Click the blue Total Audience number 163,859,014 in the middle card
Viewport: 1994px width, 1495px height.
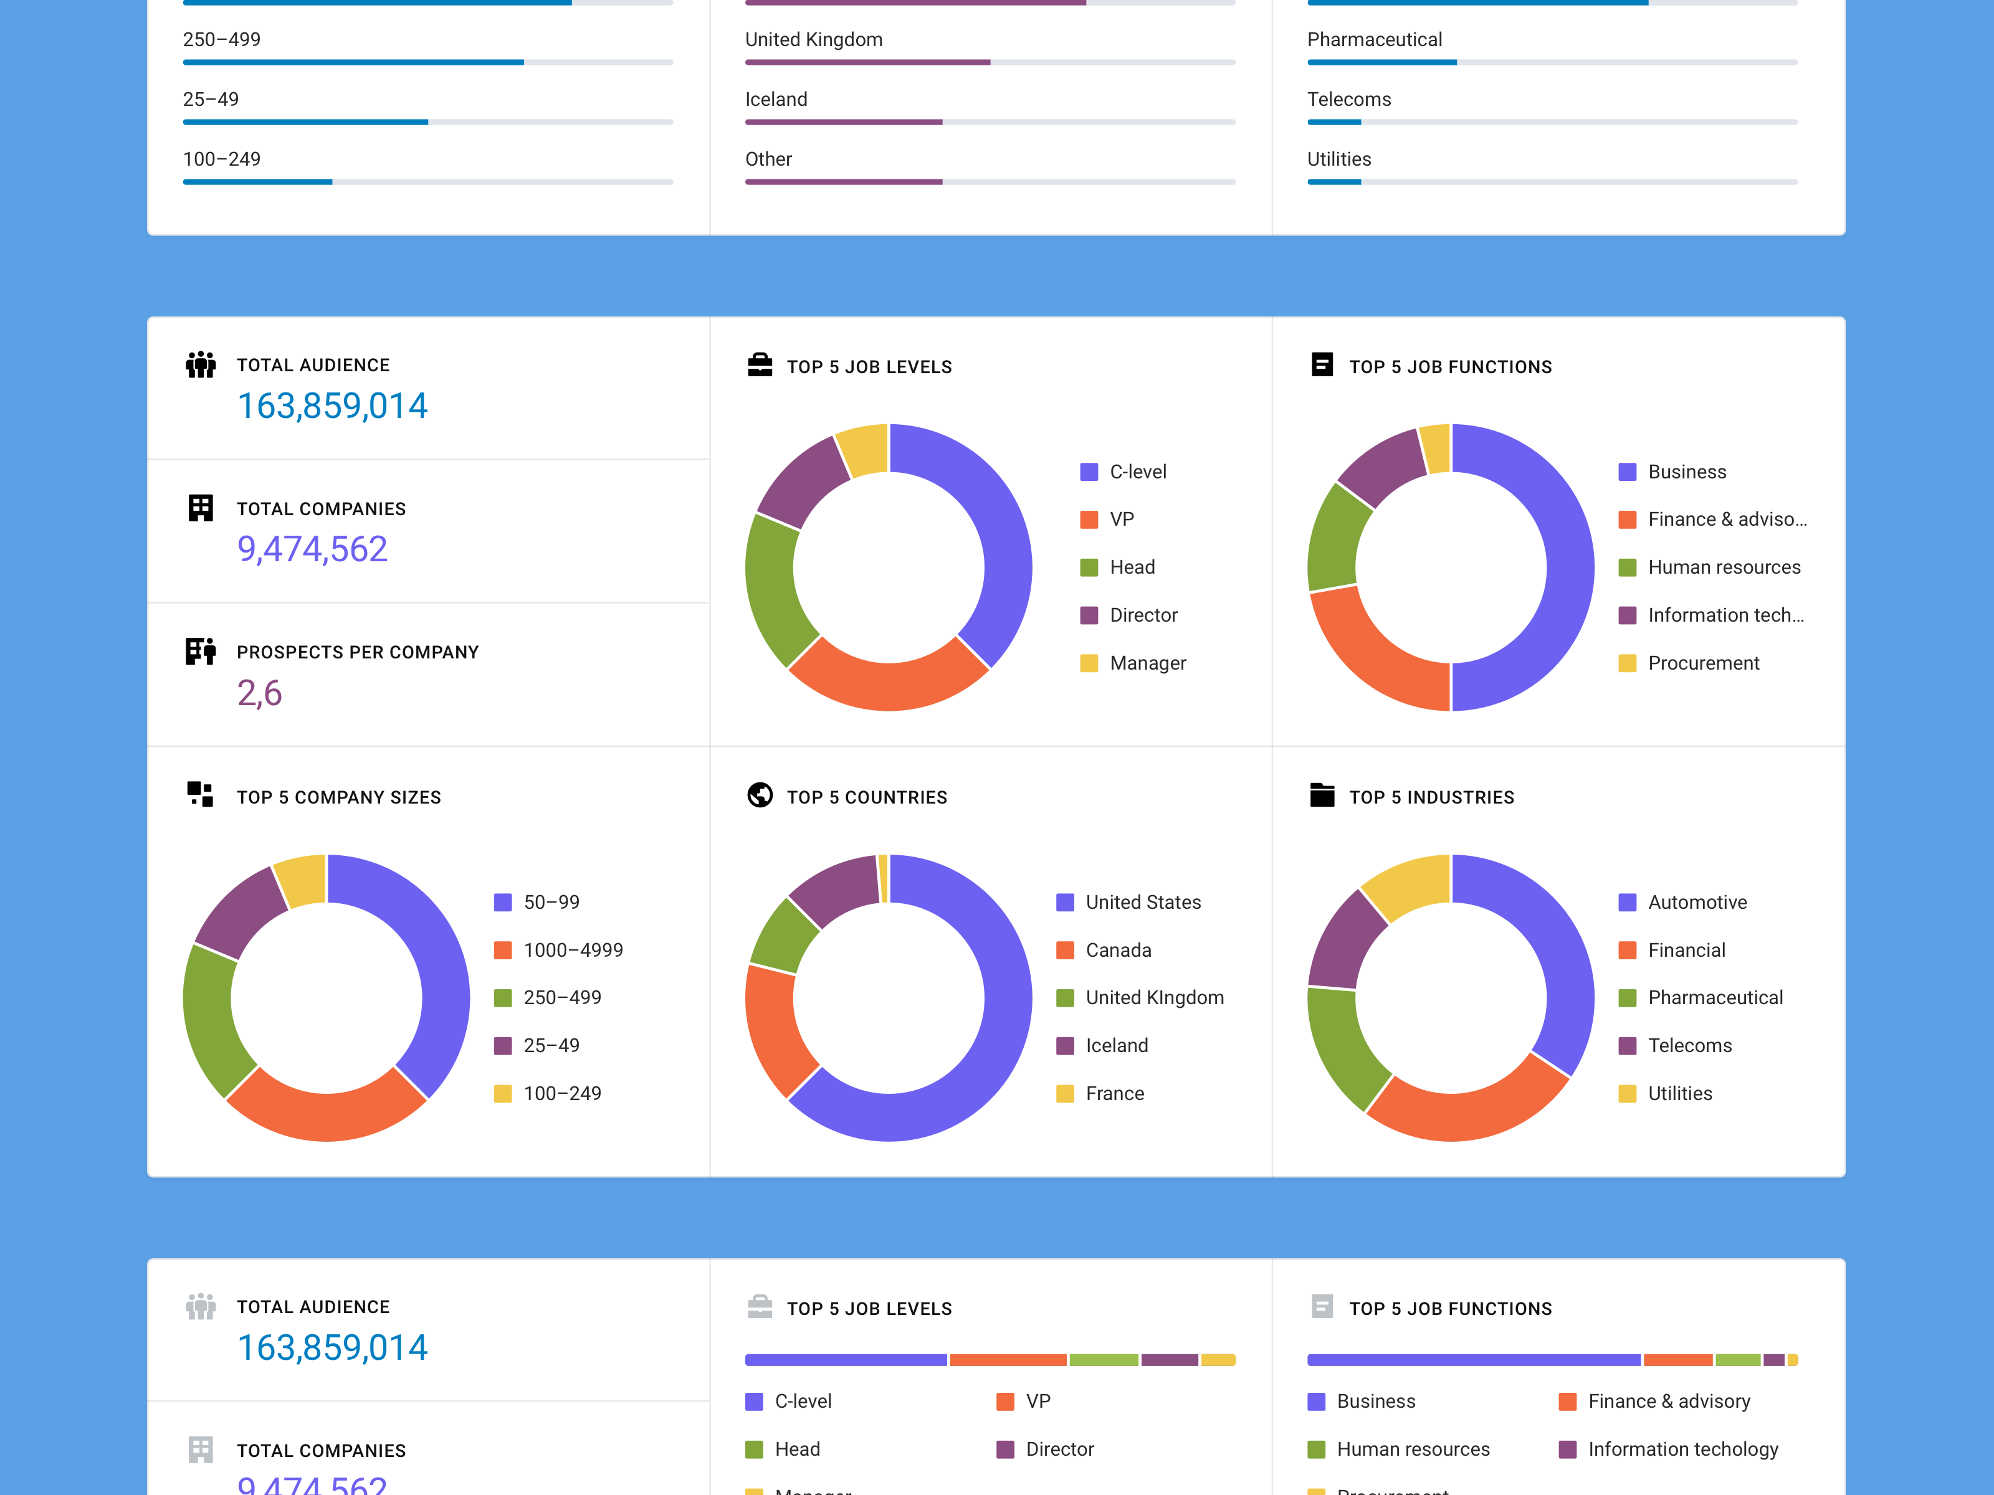click(x=332, y=406)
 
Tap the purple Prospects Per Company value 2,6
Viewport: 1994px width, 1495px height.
click(x=260, y=693)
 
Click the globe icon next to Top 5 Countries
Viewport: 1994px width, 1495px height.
click(x=760, y=795)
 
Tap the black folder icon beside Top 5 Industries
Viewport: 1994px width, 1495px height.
click(x=1322, y=795)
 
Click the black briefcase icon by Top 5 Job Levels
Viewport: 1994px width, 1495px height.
click(x=760, y=365)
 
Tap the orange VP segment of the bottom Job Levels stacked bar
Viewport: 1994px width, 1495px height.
click(x=1008, y=1360)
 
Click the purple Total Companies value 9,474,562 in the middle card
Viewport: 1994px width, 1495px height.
click(x=312, y=549)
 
